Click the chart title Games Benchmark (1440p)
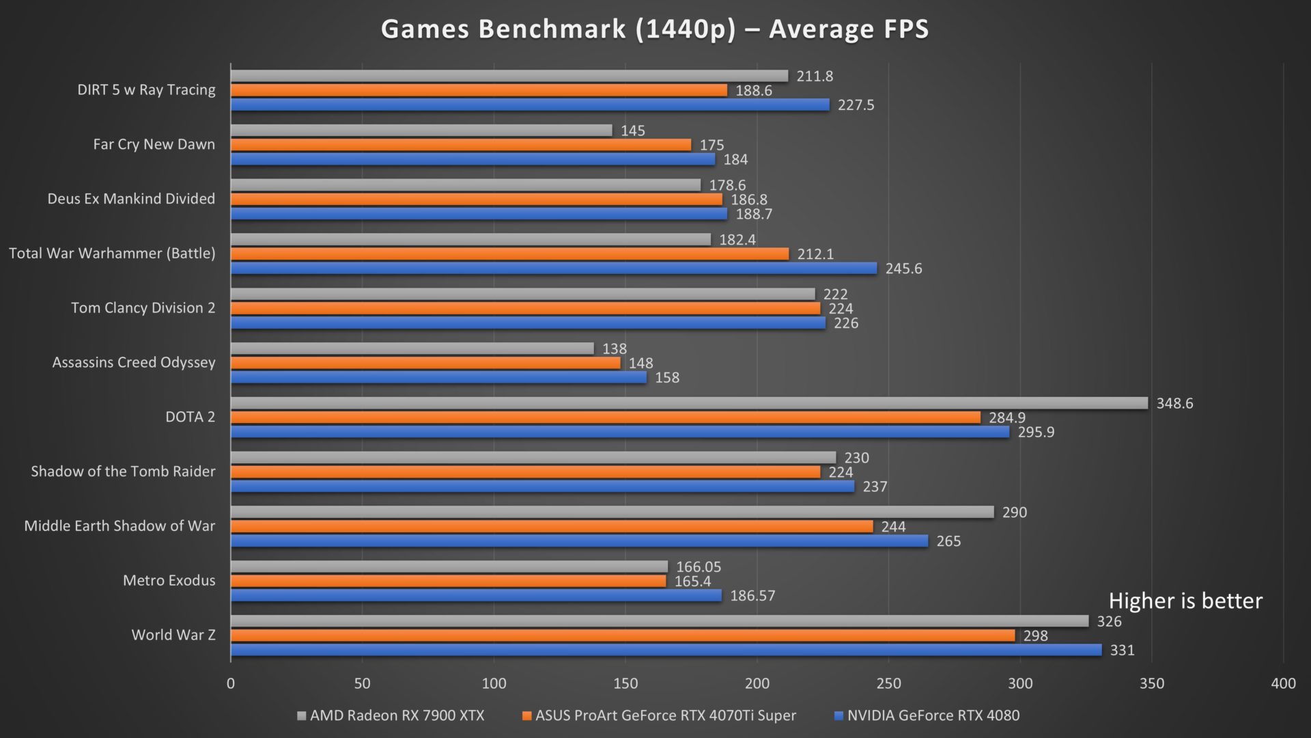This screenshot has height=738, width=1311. (654, 29)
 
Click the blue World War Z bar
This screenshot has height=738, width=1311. (666, 650)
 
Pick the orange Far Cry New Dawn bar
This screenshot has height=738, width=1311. (461, 145)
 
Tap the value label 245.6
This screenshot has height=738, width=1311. (903, 269)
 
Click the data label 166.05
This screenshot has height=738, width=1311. (699, 566)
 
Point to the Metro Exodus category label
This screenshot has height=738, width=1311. (169, 580)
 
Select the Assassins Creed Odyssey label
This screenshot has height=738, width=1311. (134, 362)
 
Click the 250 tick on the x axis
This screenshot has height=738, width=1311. (888, 683)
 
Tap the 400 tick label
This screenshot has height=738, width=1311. (1283, 683)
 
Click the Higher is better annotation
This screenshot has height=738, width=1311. (1185, 601)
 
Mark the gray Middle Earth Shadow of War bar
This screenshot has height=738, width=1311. (612, 512)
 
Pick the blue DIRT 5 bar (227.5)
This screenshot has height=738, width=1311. (530, 105)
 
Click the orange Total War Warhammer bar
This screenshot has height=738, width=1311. (509, 254)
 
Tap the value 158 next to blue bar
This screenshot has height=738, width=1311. (667, 377)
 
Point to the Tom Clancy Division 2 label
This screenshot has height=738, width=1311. (143, 307)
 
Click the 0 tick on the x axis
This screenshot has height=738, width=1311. (231, 683)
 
